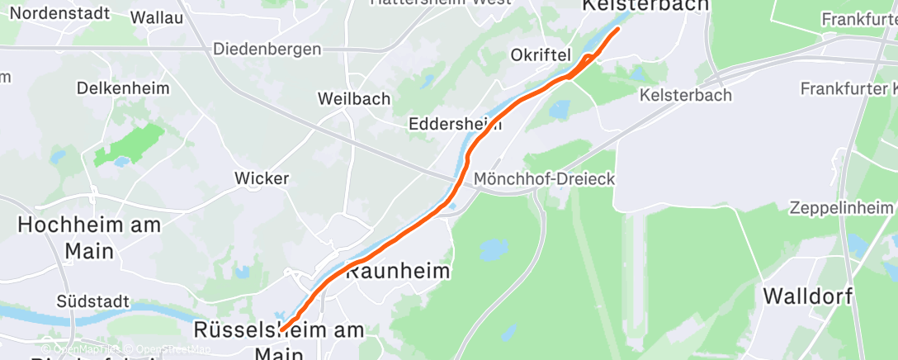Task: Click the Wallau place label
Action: pos(157,17)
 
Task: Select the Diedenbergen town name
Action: pos(267,50)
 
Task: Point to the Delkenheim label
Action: pos(122,88)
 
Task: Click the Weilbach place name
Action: pos(354,99)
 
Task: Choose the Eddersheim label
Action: pos(456,125)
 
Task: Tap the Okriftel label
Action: pos(541,56)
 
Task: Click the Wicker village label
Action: pos(262,178)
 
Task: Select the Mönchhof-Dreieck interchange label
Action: pos(544,179)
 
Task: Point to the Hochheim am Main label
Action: pos(89,236)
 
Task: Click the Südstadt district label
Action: pos(94,302)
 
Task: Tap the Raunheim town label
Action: pos(398,271)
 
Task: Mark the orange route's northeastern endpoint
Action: pos(618,30)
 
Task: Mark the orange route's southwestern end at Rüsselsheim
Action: pos(282,330)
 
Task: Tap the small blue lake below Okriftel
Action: pos(559,110)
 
